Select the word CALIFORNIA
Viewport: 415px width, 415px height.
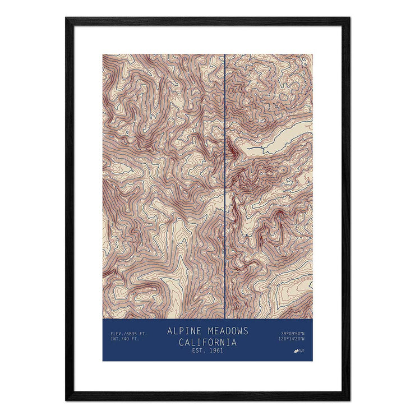tap(208, 342)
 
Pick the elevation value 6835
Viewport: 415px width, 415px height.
tap(127, 334)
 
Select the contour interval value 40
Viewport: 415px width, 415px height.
tap(125, 339)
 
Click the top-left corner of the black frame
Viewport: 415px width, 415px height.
tap(67, 19)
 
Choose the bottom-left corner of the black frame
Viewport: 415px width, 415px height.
tap(67, 399)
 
